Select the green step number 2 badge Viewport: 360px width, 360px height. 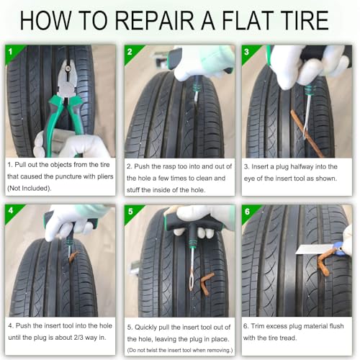(x=130, y=52)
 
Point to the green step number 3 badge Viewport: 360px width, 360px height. (x=248, y=52)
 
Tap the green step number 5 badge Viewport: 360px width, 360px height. (x=130, y=212)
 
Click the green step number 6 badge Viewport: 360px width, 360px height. (x=248, y=212)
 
